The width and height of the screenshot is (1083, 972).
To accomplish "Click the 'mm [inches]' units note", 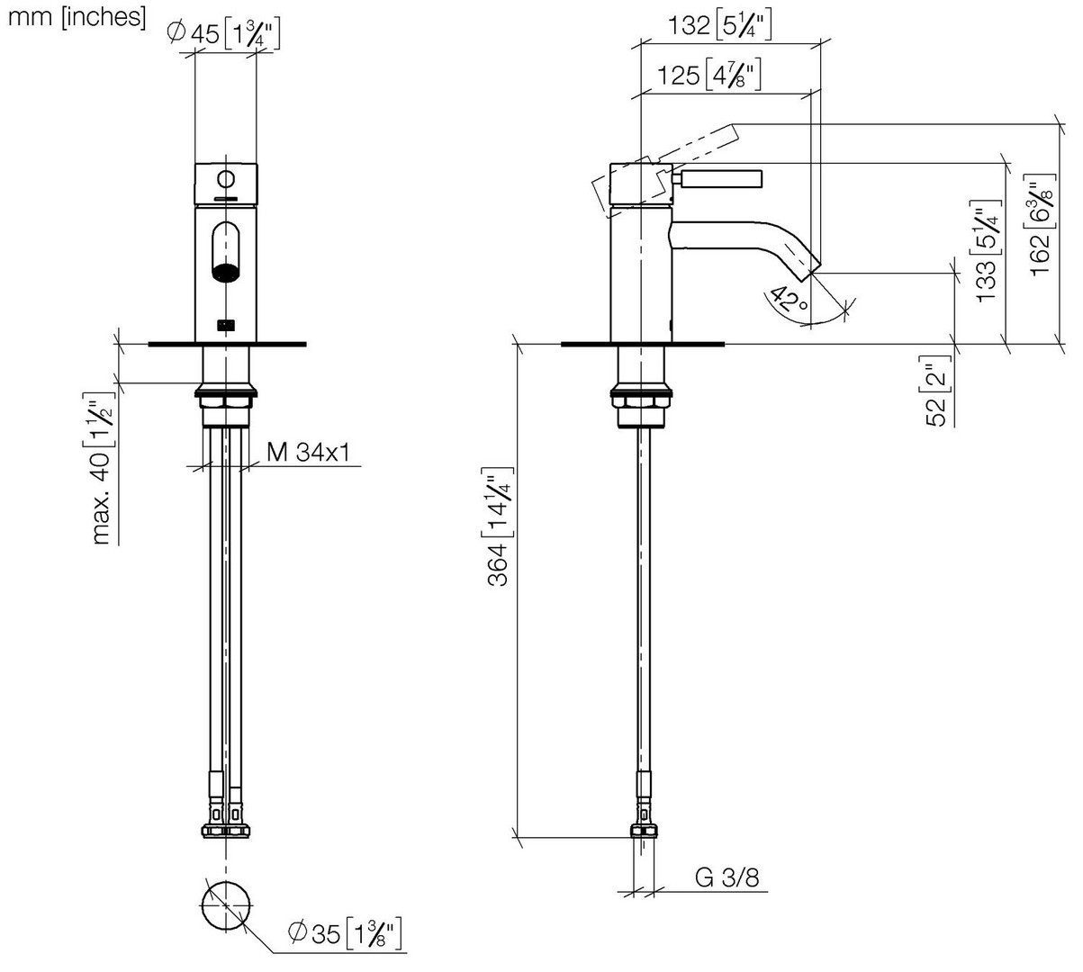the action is (77, 18).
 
